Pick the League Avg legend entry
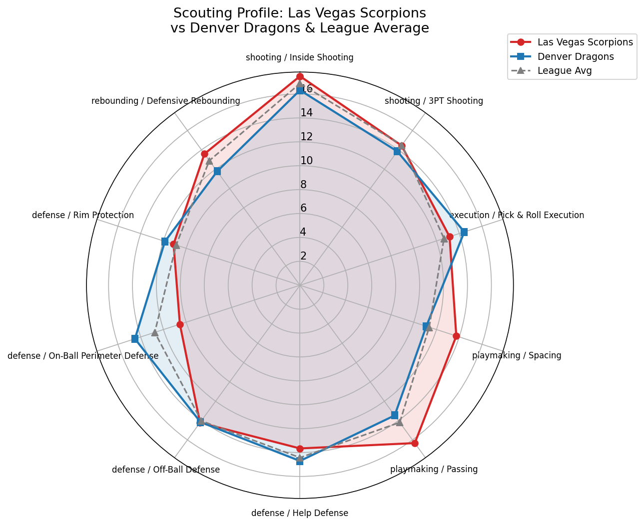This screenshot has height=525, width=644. click(x=565, y=70)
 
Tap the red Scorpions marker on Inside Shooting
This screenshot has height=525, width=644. click(x=300, y=76)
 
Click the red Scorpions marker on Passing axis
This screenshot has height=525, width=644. click(x=415, y=443)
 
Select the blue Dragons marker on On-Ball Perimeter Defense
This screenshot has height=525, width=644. click(x=134, y=339)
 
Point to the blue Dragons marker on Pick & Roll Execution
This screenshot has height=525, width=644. click(x=464, y=232)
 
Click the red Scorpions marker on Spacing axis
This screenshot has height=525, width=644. click(x=456, y=336)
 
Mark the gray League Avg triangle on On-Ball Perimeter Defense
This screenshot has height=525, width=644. click(x=155, y=332)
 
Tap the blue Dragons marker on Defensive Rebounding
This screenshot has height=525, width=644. click(x=217, y=171)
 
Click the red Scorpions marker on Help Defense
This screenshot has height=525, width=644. click(x=300, y=449)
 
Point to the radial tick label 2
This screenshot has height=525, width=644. click(x=303, y=256)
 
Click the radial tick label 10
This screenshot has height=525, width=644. click(x=306, y=161)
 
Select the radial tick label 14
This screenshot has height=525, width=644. click(x=306, y=113)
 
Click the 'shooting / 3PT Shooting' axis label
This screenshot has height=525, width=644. click(x=434, y=101)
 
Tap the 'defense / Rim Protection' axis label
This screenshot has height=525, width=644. click(x=83, y=215)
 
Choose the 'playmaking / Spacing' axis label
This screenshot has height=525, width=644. click(x=517, y=355)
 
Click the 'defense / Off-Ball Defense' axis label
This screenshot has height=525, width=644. click(x=166, y=469)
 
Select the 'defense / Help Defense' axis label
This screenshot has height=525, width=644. click(x=300, y=513)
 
